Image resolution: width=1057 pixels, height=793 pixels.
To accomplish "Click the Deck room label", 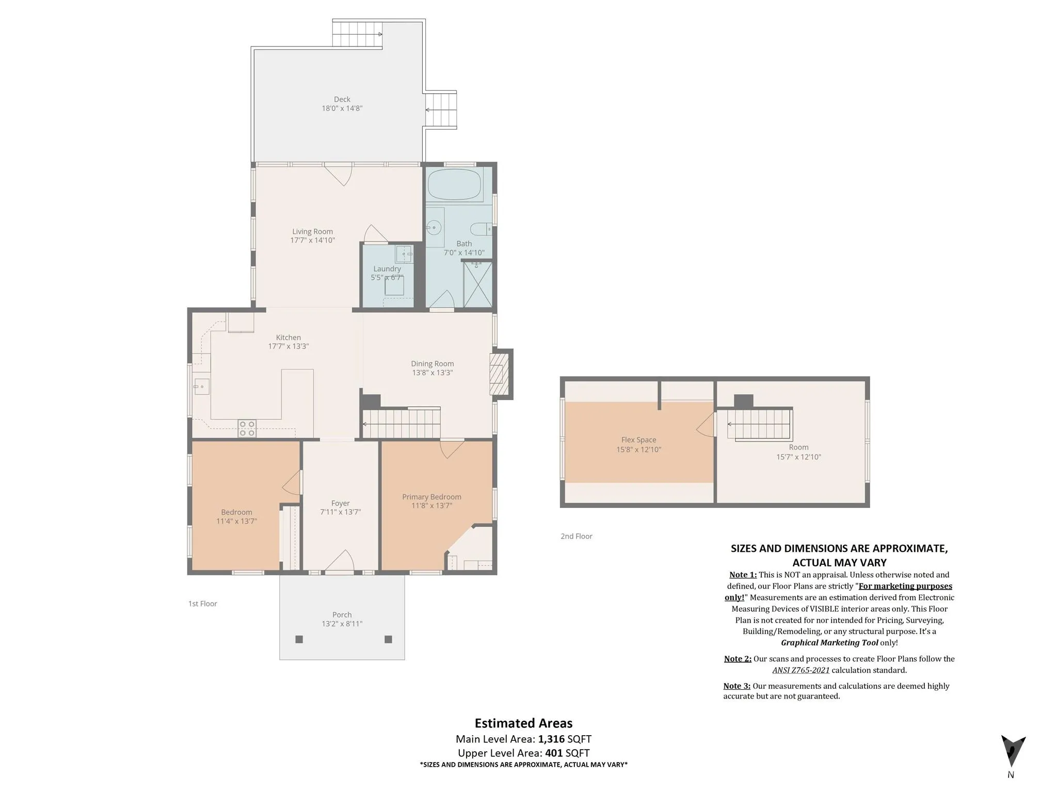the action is pyautogui.click(x=342, y=99).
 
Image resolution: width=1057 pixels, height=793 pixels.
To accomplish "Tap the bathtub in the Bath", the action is pyautogui.click(x=455, y=184).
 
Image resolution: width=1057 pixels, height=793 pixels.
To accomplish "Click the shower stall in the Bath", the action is pyautogui.click(x=478, y=284).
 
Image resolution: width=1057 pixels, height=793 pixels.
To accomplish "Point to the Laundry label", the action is pyautogui.click(x=387, y=268).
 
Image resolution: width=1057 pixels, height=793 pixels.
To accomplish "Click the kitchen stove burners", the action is pyautogui.click(x=247, y=429).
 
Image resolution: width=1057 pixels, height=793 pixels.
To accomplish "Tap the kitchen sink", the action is pyautogui.click(x=202, y=386).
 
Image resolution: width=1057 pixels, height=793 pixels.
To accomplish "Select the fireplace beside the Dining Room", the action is pyautogui.click(x=499, y=374).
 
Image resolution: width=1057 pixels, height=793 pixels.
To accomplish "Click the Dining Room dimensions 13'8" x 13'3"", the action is pyautogui.click(x=433, y=373).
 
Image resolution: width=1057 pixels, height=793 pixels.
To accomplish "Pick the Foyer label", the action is pyautogui.click(x=341, y=503).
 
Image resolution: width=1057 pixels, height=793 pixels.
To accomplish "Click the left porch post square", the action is pyautogui.click(x=299, y=639).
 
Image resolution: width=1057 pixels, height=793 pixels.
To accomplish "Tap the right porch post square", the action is pyautogui.click(x=389, y=639).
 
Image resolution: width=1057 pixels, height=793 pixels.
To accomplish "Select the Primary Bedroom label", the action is pyautogui.click(x=432, y=497).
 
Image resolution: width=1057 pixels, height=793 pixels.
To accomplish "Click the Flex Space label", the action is pyautogui.click(x=639, y=440).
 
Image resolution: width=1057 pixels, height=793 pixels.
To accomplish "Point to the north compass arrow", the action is pyautogui.click(x=1013, y=751).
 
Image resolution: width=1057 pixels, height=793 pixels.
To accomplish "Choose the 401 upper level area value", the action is pyautogui.click(x=554, y=753).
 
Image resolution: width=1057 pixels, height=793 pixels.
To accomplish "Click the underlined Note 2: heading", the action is pyautogui.click(x=738, y=659).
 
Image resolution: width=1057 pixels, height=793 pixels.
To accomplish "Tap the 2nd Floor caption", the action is pyautogui.click(x=576, y=536).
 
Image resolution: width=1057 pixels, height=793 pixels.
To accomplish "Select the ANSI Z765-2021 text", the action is pyautogui.click(x=801, y=670).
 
